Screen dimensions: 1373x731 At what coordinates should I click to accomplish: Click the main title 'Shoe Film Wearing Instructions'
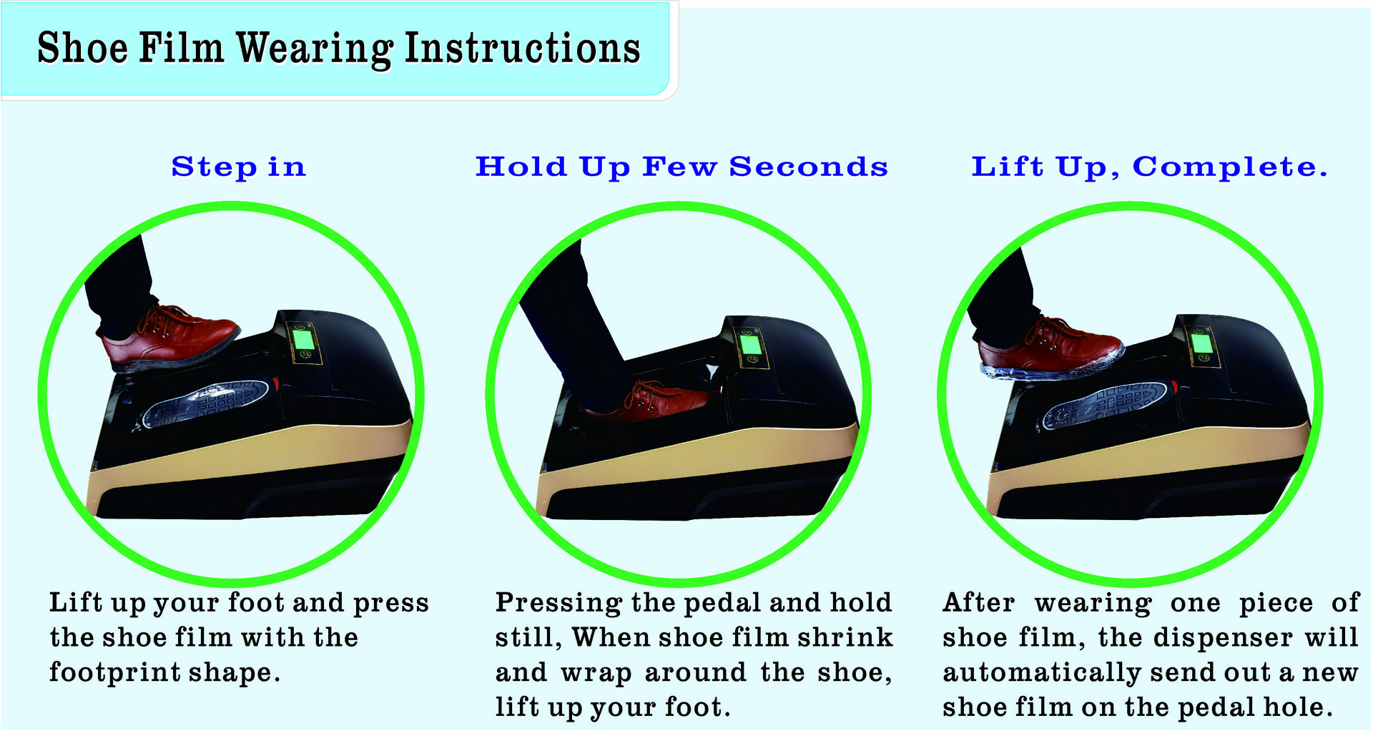338,49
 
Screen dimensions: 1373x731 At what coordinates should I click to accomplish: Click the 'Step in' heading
239,167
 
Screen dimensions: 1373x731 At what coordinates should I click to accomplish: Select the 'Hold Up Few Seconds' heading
681,167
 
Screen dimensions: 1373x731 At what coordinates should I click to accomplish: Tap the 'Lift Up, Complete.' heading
1149,167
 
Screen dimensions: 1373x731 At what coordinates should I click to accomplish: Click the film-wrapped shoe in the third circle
1050,349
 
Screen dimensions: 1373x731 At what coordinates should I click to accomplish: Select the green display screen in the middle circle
751,344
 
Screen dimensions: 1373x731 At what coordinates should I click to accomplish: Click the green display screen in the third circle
1202,343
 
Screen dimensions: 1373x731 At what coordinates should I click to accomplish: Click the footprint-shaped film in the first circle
207,404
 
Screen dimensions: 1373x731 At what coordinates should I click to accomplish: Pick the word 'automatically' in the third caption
1041,673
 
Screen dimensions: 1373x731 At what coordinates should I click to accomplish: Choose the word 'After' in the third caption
979,603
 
